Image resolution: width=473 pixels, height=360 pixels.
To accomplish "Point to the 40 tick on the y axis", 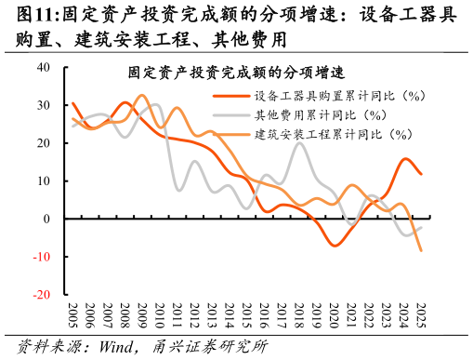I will point(45,67).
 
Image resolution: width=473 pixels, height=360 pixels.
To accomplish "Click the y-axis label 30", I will point(45,105).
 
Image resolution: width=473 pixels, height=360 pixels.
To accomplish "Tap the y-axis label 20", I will point(45,143).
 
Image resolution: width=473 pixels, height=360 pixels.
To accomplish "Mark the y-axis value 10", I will point(45,181).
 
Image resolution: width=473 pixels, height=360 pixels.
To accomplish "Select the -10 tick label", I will point(43,257).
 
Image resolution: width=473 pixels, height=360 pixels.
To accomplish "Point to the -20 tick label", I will point(43,295).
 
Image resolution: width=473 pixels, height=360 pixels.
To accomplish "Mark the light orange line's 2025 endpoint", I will point(421,251).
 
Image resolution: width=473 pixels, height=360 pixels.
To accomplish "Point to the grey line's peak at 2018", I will point(299,142).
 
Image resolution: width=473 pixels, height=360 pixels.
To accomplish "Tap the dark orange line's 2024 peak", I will point(406,159).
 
